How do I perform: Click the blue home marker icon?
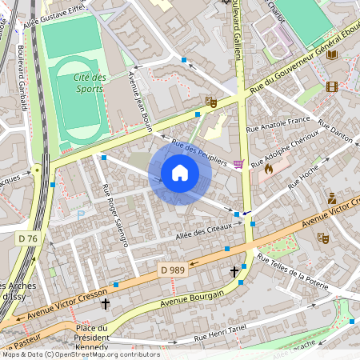[x=180, y=172]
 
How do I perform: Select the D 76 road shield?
[x=26, y=238]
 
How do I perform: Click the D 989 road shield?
[x=171, y=271]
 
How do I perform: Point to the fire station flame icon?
[x=268, y=169]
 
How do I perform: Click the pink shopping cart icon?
[x=238, y=164]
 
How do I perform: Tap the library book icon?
[x=332, y=54]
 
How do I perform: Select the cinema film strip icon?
[x=332, y=86]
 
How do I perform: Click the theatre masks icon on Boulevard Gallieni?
[x=211, y=102]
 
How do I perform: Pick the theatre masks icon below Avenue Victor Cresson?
[x=324, y=238]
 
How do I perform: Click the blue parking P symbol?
[x=80, y=214]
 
